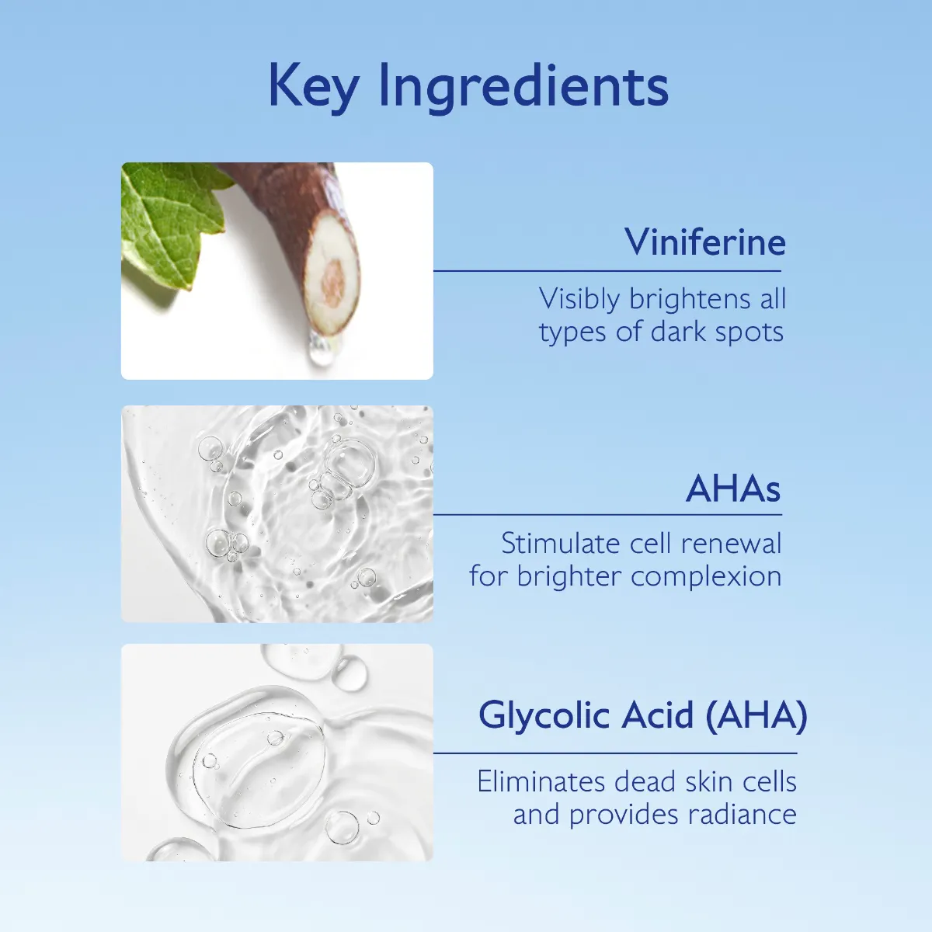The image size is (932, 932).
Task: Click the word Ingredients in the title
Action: coord(523,87)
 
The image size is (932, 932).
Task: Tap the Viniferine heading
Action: coord(705,242)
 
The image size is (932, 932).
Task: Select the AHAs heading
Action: coord(733,489)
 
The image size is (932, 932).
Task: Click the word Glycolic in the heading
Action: coord(544,715)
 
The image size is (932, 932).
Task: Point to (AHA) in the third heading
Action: coord(756,715)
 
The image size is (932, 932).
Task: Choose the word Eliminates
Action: coord(541,781)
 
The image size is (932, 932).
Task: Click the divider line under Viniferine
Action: coord(607,271)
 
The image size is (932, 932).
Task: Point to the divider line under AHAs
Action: coord(607,514)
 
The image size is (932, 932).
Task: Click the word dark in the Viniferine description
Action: coord(677,332)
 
